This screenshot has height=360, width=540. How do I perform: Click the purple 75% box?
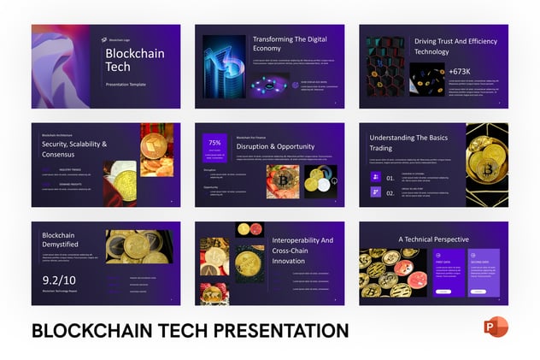click(214, 147)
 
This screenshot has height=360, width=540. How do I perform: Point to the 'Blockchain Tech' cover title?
click(130, 62)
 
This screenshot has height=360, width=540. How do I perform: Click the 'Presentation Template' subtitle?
click(125, 85)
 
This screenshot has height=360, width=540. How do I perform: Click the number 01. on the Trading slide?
click(390, 178)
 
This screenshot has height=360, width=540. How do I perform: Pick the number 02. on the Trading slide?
click(390, 193)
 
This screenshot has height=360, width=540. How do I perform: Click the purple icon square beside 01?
click(374, 177)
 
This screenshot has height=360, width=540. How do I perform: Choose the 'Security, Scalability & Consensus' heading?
click(74, 150)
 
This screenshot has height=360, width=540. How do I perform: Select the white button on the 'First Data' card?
click(443, 292)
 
